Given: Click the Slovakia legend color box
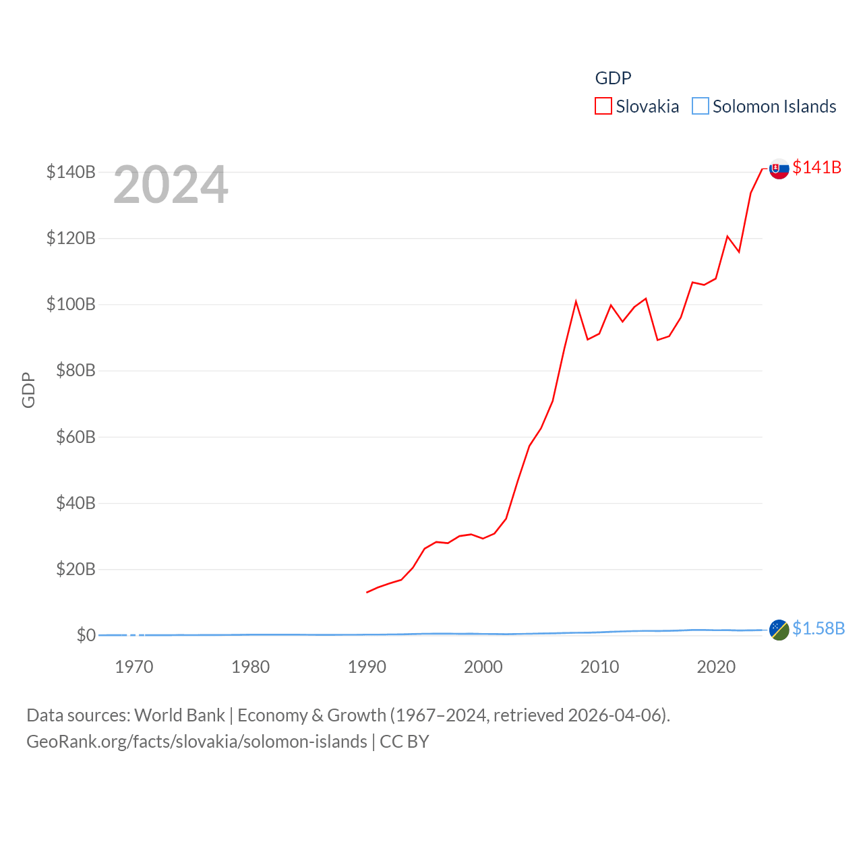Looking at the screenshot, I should pos(603,107).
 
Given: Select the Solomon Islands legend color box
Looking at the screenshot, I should pos(701,107).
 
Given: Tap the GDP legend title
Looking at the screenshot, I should pos(613,78).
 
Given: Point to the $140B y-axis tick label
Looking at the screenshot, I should pos(71,172).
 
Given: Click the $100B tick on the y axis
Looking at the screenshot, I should pos(71,304).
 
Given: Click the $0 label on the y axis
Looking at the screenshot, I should pos(86,635).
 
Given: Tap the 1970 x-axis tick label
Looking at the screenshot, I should pos(134,667).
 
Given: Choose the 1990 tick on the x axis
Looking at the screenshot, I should pos(367,667).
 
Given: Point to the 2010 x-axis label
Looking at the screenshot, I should pos(599,667).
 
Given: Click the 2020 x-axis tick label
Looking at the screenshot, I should pos(716,667).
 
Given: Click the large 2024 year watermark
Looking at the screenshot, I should pos(171,185).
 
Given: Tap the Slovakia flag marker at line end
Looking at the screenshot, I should pos(779,169).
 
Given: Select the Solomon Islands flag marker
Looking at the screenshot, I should pos(779,630).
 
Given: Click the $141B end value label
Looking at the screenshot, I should pos(817,167).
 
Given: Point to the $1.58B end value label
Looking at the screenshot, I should pos(819,628).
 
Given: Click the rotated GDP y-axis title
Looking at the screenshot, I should pos(28,390).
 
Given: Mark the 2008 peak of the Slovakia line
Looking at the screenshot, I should pos(576,301).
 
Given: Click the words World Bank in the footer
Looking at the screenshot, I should pos(179,715).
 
